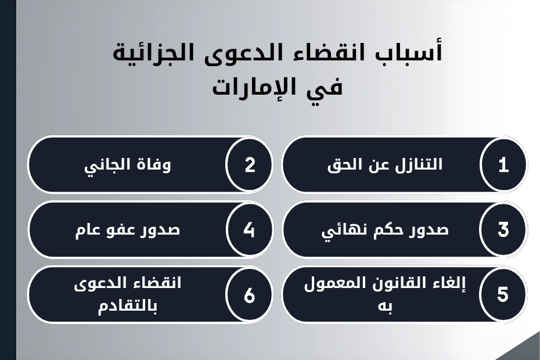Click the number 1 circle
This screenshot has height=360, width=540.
coord(503,165)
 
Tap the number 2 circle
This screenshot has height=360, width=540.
coord(250,165)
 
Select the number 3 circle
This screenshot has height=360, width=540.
coord(503,230)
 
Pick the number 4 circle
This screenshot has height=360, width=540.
coord(250,230)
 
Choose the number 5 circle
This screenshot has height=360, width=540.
coord(503,295)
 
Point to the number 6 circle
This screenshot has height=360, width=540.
coord(250,295)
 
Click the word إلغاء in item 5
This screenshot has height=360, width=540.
coord(449,285)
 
